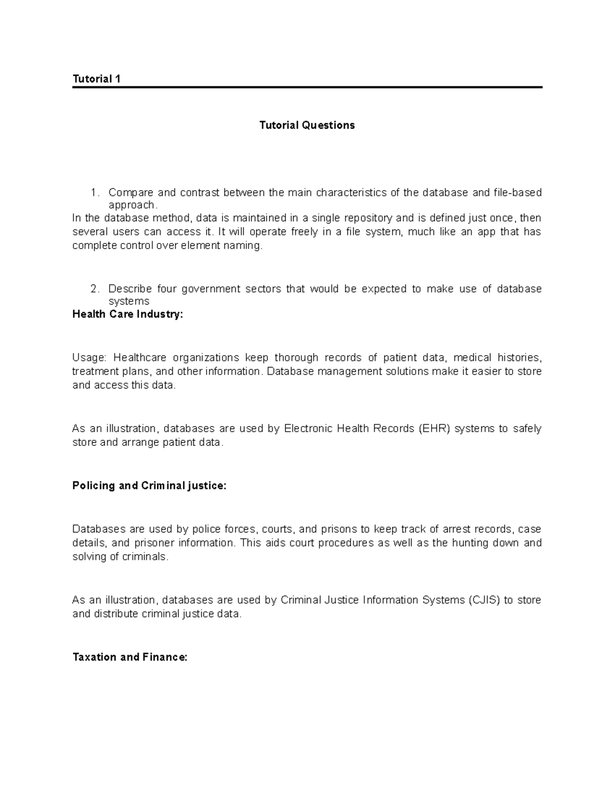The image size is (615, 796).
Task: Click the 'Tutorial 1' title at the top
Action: coord(96,79)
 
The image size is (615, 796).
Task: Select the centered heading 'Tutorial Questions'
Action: coord(307,126)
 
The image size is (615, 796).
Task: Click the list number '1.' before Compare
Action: coord(94,193)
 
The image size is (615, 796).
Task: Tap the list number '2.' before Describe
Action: coord(94,289)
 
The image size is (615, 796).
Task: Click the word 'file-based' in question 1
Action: coord(517,193)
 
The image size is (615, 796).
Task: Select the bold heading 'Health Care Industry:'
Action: coord(128,315)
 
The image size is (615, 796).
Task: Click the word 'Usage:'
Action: coord(90,358)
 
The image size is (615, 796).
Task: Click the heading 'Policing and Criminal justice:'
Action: coord(149,486)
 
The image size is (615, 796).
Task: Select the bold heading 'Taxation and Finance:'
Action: coord(130,657)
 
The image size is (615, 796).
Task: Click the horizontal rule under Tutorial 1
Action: coord(307,88)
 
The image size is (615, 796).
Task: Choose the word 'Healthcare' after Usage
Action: coord(140,358)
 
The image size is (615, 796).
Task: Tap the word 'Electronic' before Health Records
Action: coord(308,428)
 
